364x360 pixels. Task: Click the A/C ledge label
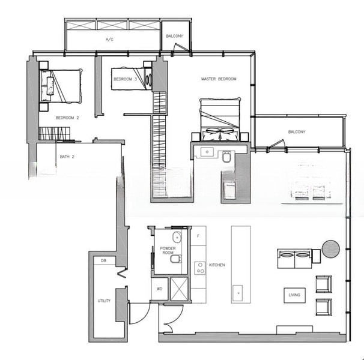(109, 40)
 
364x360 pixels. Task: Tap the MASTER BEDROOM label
(219, 79)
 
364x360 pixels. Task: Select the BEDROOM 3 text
(126, 79)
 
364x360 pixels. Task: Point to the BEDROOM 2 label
(67, 118)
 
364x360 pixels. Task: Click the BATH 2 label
(67, 157)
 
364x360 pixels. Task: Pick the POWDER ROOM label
(168, 250)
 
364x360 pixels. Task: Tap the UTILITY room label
(104, 301)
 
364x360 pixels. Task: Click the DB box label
(103, 261)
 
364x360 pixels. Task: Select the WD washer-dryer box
(160, 289)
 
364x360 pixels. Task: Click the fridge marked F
(198, 236)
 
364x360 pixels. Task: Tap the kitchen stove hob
(200, 268)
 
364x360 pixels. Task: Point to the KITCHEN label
(217, 265)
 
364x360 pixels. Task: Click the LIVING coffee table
(294, 295)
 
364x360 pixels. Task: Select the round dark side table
(331, 249)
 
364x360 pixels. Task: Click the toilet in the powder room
(176, 259)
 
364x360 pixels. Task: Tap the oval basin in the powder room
(177, 237)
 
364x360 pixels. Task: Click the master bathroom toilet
(226, 157)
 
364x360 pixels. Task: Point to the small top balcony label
(175, 36)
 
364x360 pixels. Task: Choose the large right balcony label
(297, 132)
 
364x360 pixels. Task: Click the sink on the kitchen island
(238, 293)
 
